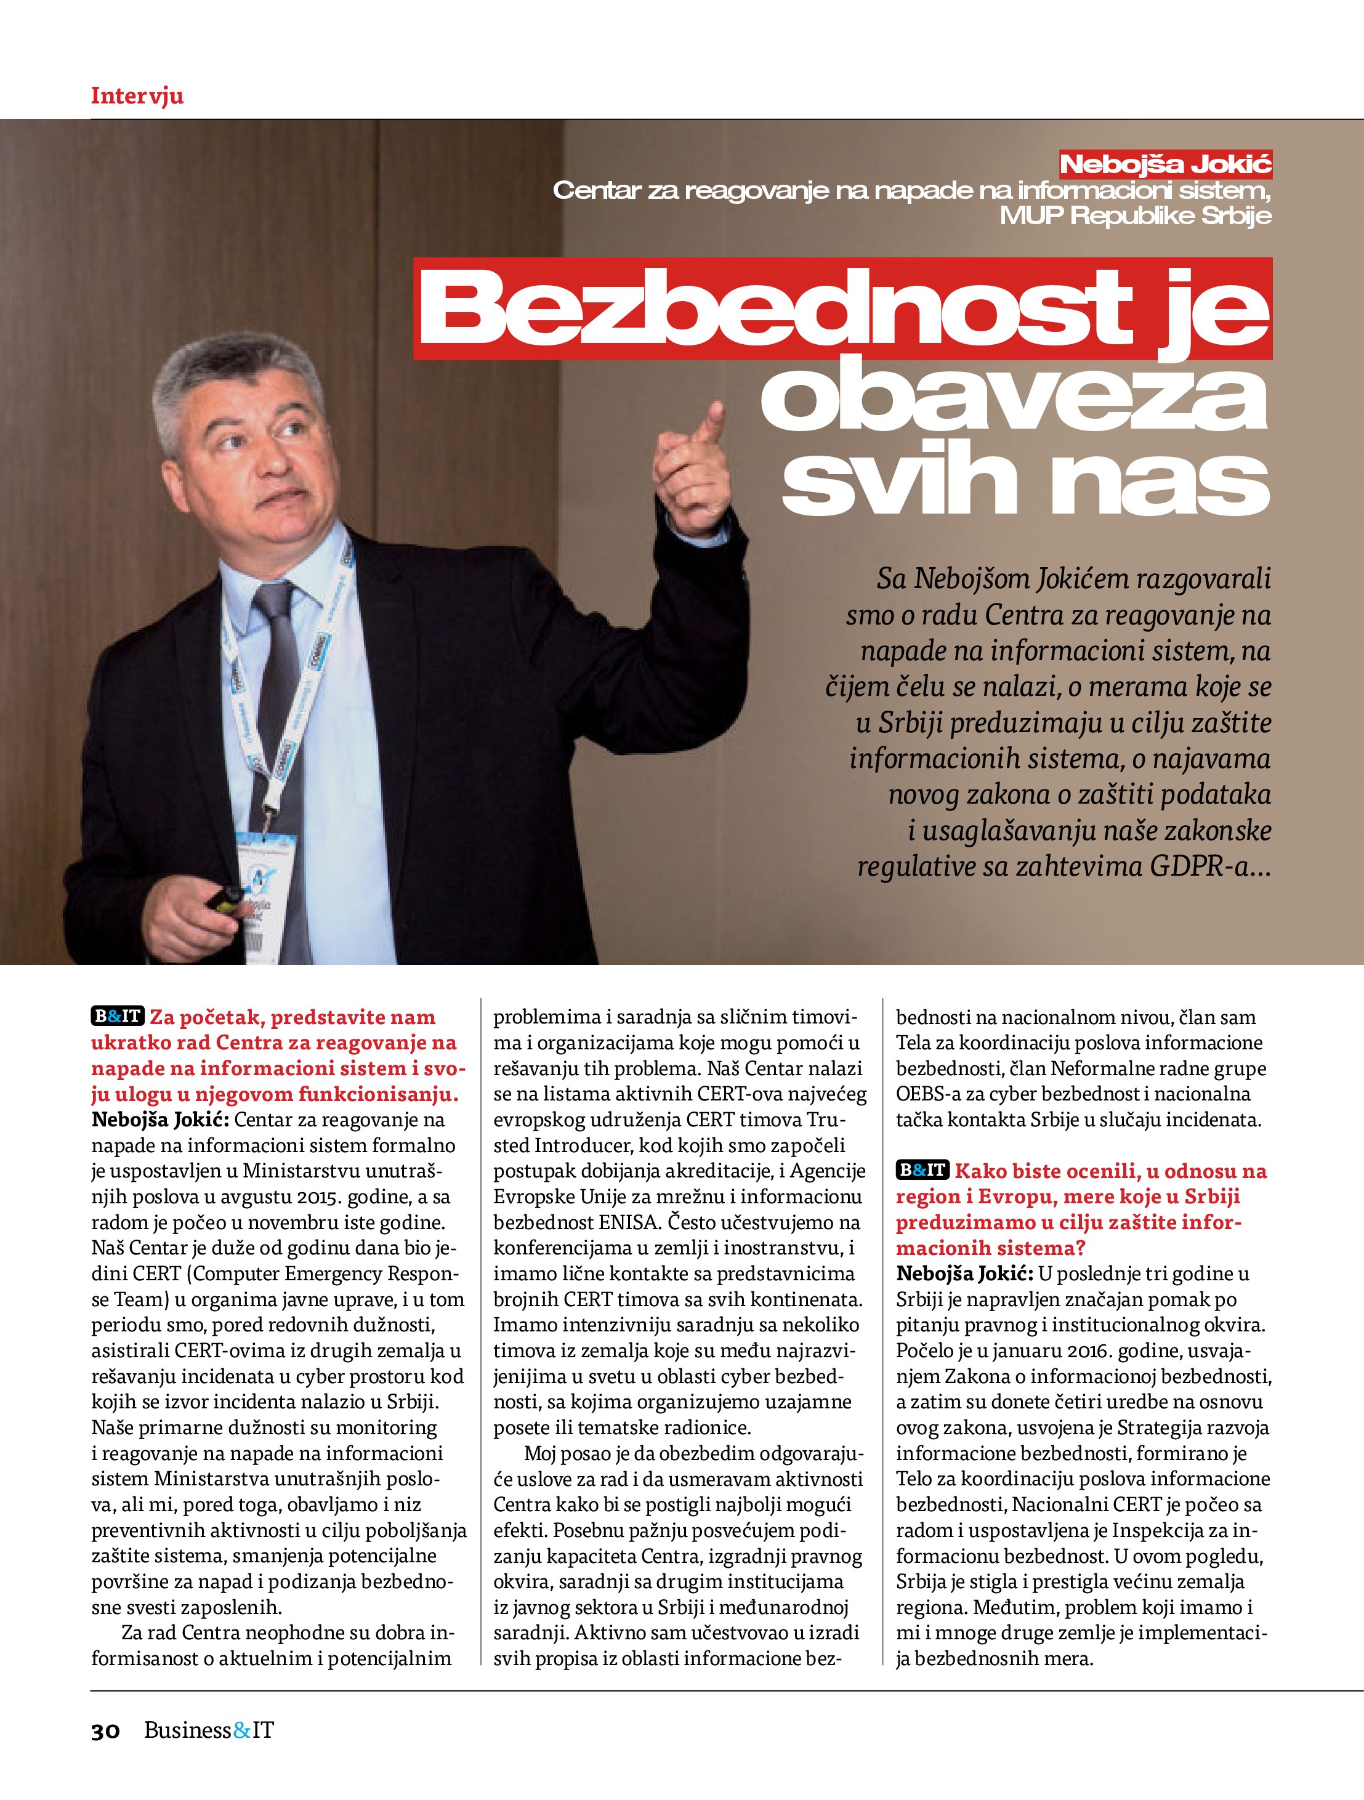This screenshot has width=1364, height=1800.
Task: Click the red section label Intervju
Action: coord(137,96)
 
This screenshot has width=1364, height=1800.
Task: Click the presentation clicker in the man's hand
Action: coord(223,899)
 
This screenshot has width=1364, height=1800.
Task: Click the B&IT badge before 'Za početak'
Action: coord(117,1016)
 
